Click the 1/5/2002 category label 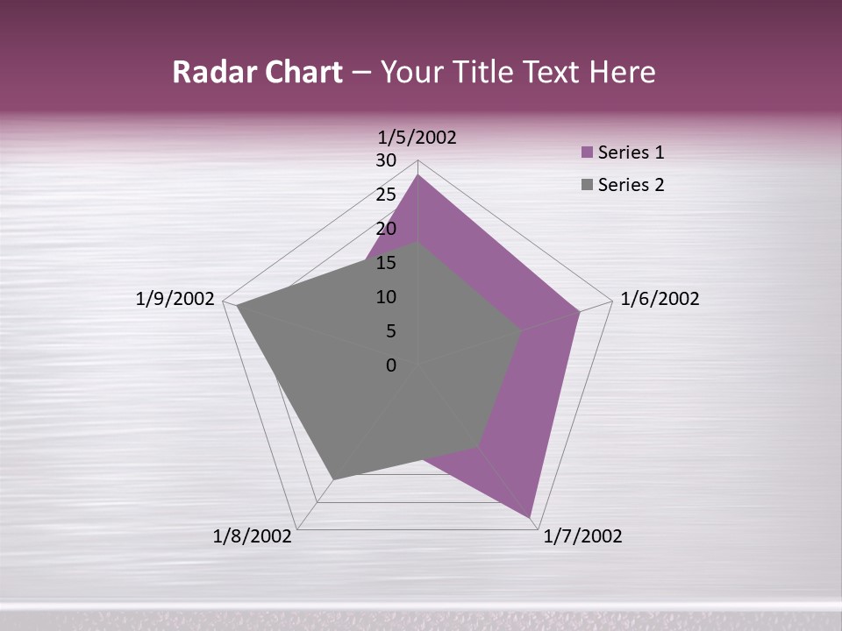pos(417,137)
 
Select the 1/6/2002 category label pos(660,299)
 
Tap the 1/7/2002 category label pos(582,536)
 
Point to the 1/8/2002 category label pos(253,536)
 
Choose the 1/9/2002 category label pos(175,299)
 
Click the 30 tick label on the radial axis pos(386,160)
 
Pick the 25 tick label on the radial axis pos(386,195)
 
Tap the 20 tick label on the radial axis pos(386,229)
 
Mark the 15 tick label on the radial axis pos(386,263)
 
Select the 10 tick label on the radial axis pos(386,297)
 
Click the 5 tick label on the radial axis pos(390,331)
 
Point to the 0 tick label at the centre pos(391,365)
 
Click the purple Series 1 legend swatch pos(588,152)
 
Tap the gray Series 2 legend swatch pos(588,185)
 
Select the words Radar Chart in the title pos(257,72)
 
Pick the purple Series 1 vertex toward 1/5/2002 pos(418,174)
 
